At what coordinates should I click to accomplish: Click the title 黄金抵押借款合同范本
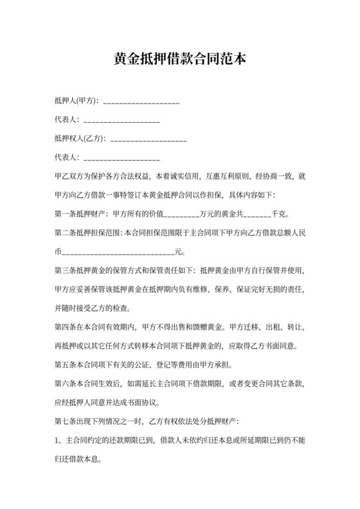tap(179, 60)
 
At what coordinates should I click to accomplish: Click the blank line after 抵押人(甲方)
tap(141, 102)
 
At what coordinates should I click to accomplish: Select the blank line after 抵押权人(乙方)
tap(148, 138)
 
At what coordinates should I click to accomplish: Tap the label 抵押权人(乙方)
tap(81, 138)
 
